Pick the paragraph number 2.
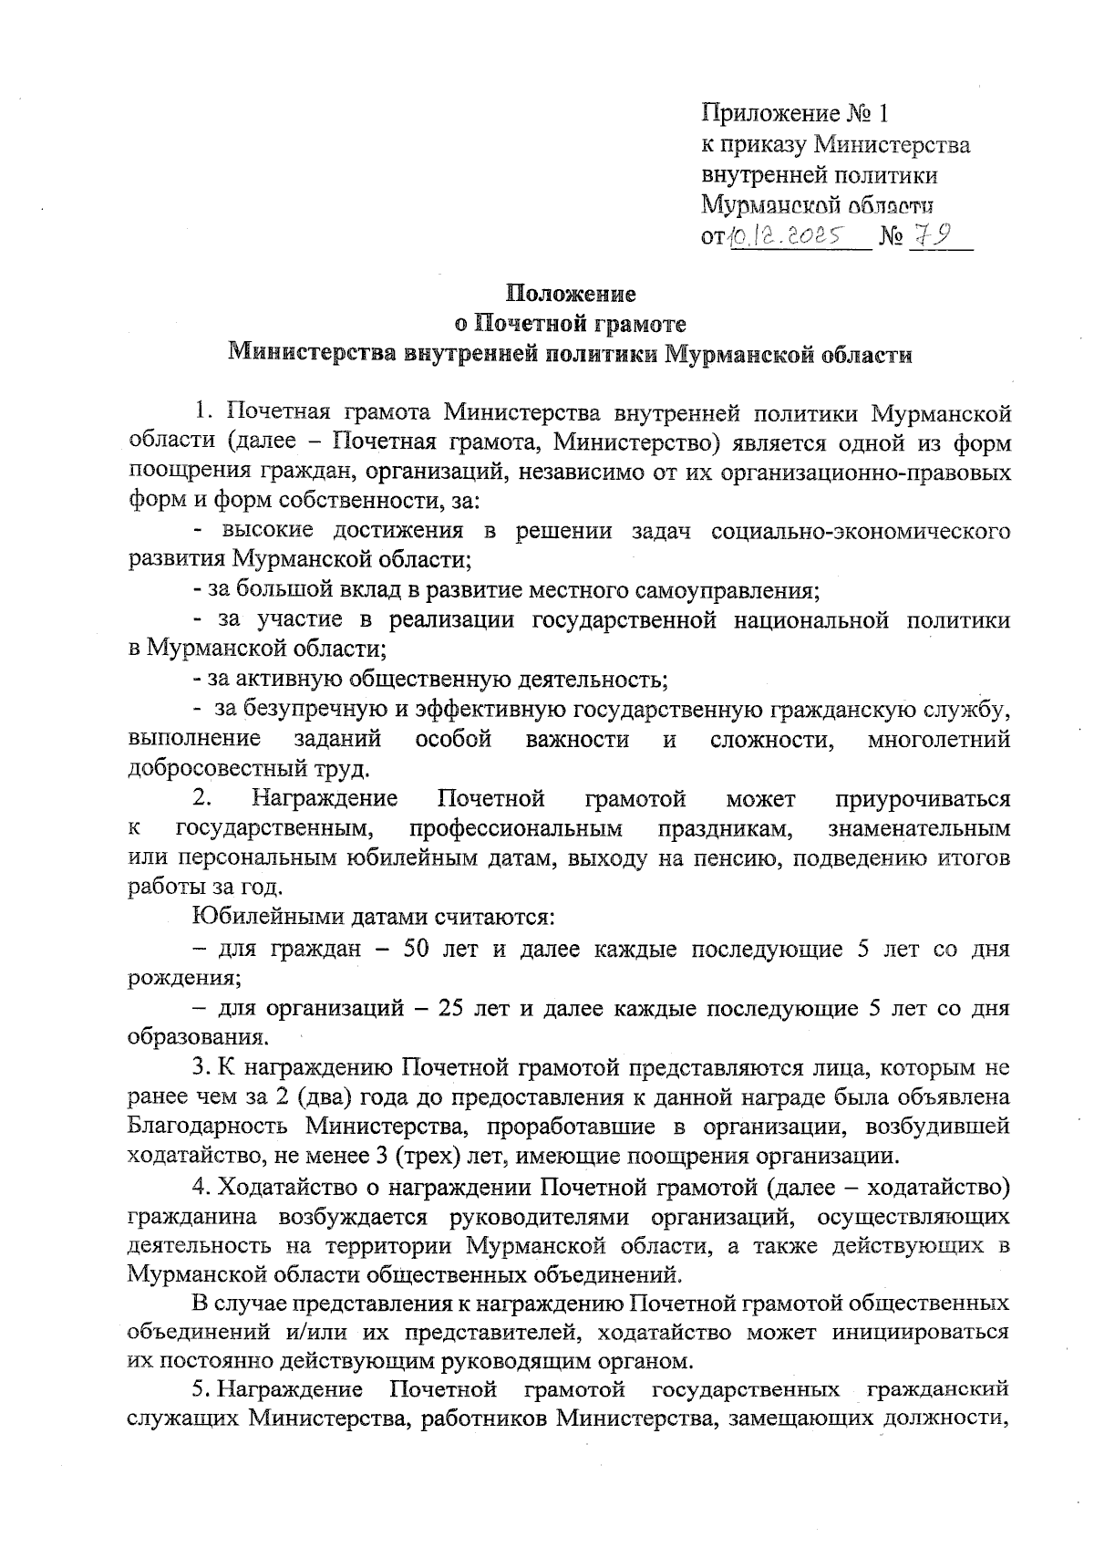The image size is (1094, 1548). [202, 799]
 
